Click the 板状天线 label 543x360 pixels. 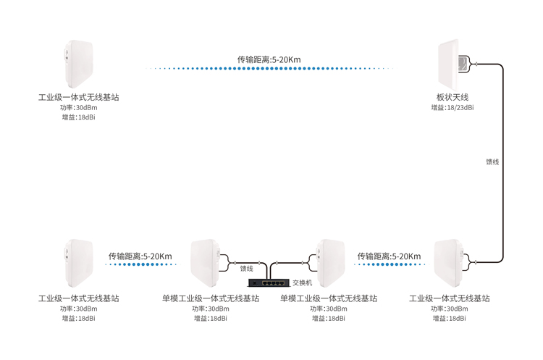[452, 97]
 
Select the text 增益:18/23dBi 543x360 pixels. [452, 108]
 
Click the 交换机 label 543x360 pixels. [302, 282]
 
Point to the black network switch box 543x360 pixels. [269, 282]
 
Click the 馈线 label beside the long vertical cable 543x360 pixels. [492, 162]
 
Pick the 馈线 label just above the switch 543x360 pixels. [247, 269]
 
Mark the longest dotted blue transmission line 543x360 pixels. [271, 69]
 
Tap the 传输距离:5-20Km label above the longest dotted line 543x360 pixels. [269, 59]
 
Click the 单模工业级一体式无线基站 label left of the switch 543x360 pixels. [211, 298]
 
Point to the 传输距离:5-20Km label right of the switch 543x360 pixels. [389, 256]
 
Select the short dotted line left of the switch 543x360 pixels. [142, 265]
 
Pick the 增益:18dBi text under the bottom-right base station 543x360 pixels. [449, 318]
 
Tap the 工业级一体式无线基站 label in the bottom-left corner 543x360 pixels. [78, 298]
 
